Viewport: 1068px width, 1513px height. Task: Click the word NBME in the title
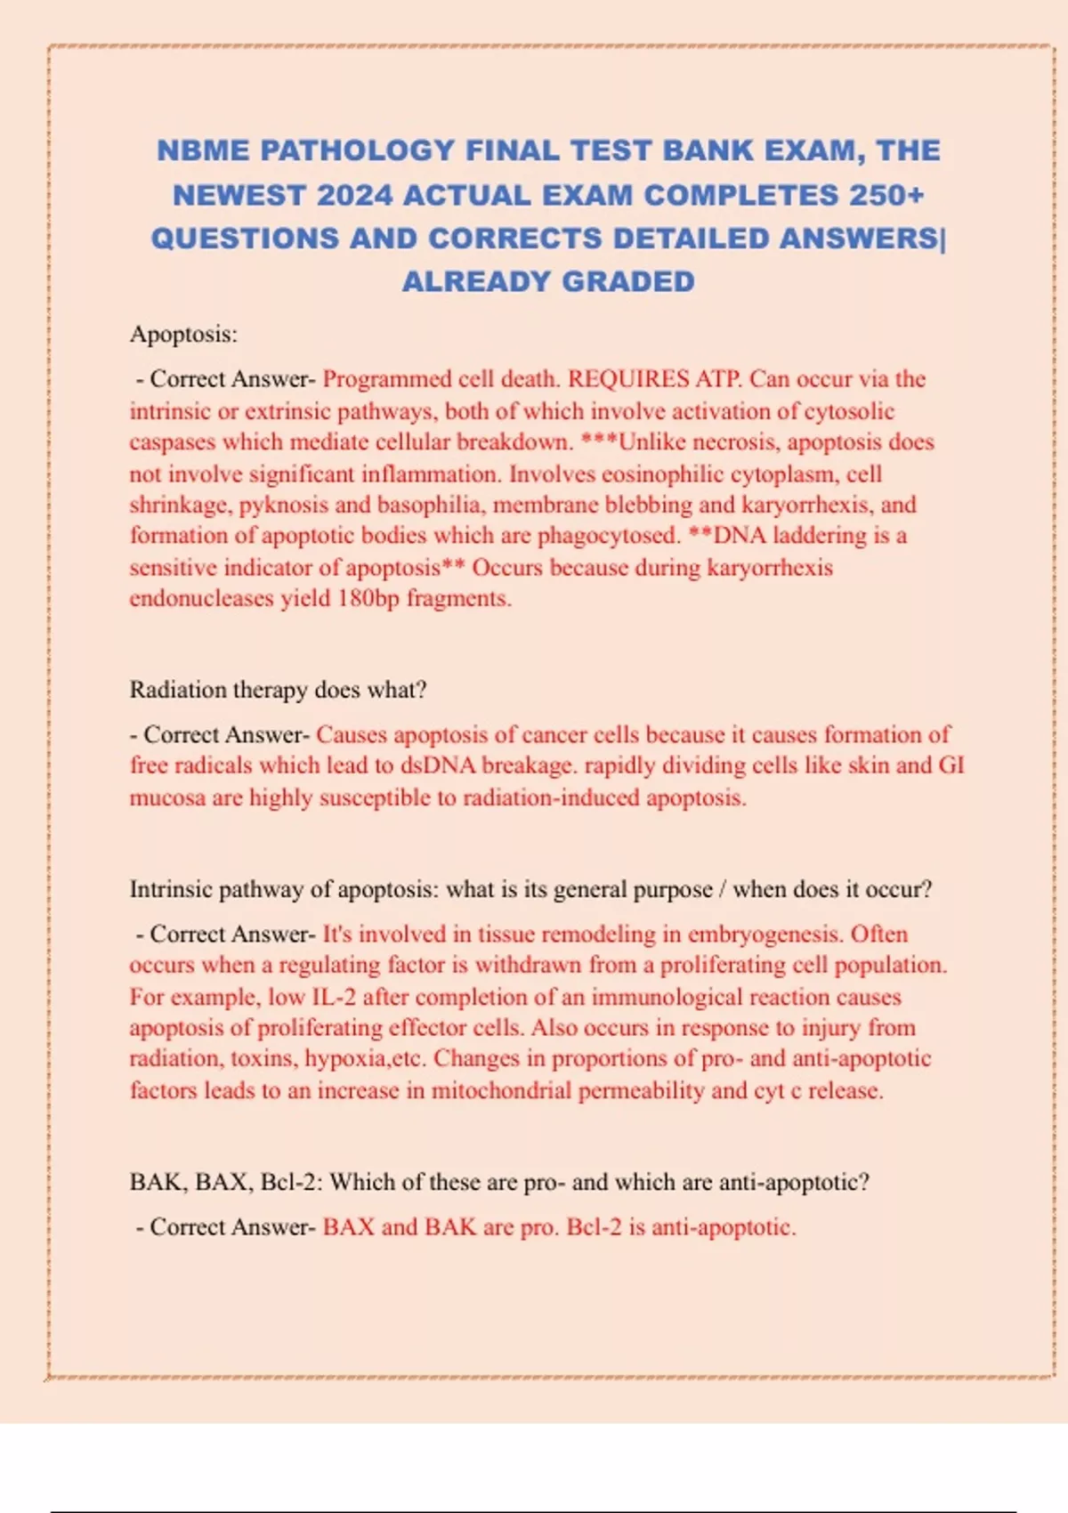click(203, 150)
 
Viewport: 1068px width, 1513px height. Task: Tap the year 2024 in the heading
click(353, 195)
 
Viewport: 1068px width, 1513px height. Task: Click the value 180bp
click(368, 598)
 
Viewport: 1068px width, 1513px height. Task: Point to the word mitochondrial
click(501, 1091)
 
